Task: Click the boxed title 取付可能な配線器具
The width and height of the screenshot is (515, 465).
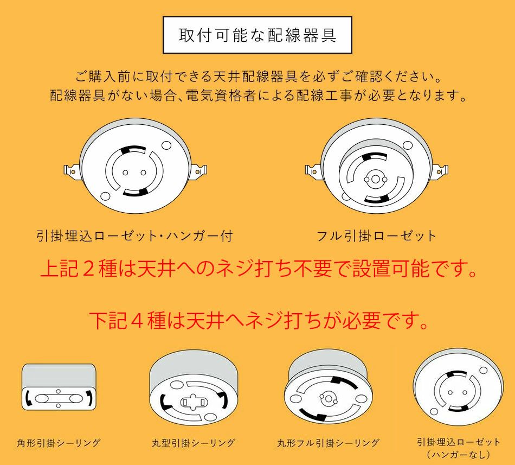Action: click(x=257, y=35)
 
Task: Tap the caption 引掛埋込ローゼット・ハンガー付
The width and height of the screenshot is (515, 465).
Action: click(x=134, y=236)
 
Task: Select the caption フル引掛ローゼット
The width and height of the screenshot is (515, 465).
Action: click(x=376, y=236)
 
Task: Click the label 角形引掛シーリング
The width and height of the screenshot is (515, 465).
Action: click(x=59, y=443)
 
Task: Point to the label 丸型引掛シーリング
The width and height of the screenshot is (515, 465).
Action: click(x=194, y=443)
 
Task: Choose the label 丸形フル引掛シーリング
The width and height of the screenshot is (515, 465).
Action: click(x=328, y=443)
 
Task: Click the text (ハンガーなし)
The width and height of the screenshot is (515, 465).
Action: click(x=459, y=455)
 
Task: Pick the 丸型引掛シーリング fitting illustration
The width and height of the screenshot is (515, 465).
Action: click(x=194, y=388)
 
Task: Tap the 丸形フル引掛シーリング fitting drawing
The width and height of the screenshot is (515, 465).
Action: click(x=329, y=388)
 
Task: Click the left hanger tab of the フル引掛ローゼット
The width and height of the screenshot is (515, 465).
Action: click(x=313, y=170)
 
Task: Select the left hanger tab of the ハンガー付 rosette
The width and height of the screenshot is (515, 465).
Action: click(x=72, y=171)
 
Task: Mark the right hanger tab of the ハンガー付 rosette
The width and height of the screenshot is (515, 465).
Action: click(x=199, y=171)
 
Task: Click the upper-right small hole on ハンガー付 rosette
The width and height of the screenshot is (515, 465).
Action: click(x=166, y=145)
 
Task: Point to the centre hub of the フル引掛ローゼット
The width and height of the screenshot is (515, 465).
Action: click(x=375, y=179)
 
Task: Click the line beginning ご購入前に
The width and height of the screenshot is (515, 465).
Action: click(x=258, y=77)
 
